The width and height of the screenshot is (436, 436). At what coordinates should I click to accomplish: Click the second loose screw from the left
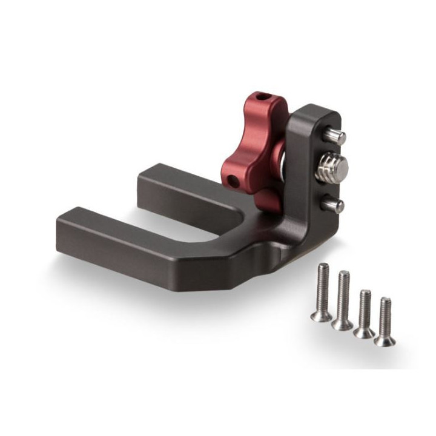(x=343, y=300)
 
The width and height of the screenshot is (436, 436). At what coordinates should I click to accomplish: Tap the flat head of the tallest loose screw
(x=319, y=314)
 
